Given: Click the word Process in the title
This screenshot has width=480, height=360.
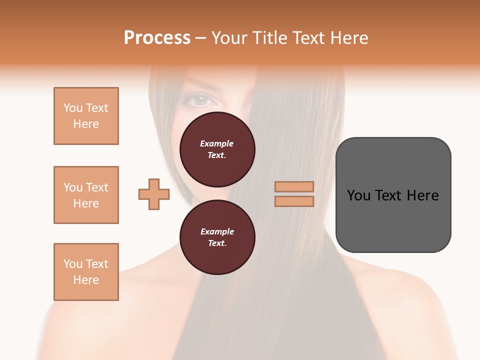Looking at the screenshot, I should tap(157, 38).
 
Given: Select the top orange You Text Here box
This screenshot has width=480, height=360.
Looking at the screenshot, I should tap(86, 116).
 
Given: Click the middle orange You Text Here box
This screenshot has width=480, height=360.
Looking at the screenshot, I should tap(86, 195).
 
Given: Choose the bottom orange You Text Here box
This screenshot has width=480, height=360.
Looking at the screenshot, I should tap(86, 272).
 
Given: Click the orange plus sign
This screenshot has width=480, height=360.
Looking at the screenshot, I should tap(154, 194).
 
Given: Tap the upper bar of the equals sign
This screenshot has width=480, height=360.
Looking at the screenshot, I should tap(294, 187).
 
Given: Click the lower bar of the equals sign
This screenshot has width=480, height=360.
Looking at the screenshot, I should tap(294, 201).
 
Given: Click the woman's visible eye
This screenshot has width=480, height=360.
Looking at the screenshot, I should tap(200, 100).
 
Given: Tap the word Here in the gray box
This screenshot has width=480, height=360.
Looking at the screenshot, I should tap(422, 195).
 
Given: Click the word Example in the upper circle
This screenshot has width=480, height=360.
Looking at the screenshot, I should tap(217, 144).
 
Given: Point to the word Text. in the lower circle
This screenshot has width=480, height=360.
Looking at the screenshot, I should tap(217, 243).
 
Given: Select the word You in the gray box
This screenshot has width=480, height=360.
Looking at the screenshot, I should tap(359, 195).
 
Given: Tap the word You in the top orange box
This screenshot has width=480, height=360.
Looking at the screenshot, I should tap(72, 108).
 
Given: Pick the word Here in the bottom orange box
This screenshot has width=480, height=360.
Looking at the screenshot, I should tap(86, 280).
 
